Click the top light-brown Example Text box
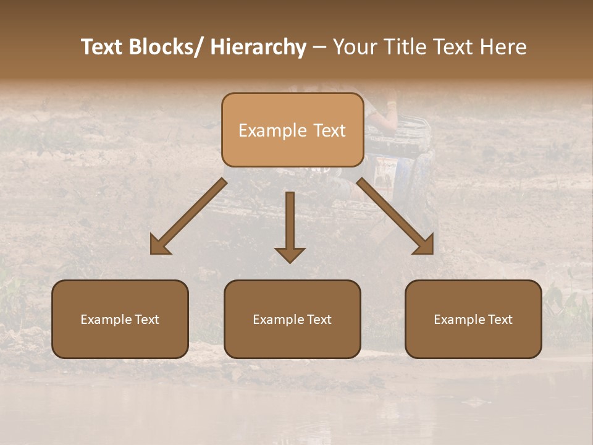292,130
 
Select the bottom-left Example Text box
120,319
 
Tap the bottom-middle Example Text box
292,319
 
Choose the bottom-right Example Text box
473,319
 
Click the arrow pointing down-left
188,217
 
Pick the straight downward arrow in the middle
290,226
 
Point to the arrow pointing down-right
395,216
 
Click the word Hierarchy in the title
258,47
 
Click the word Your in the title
354,47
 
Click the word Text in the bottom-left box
147,320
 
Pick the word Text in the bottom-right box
500,320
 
